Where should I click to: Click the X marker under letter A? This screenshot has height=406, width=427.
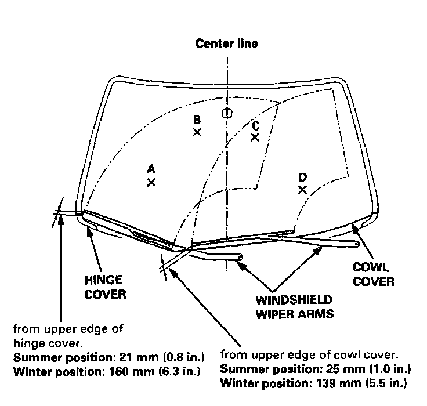click(x=151, y=182)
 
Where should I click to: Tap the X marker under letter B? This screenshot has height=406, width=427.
click(x=197, y=132)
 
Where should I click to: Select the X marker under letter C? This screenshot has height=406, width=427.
click(x=255, y=137)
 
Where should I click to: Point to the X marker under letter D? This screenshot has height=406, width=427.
click(x=302, y=190)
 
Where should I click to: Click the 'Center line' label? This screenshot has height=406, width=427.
click(x=227, y=43)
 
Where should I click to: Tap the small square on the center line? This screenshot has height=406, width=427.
click(x=227, y=113)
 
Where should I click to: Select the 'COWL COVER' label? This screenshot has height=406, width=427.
click(x=374, y=275)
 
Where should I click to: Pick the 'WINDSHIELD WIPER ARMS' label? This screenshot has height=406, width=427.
click(x=294, y=307)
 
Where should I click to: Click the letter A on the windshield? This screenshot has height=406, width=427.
click(x=151, y=169)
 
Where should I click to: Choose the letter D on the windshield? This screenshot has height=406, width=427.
click(x=302, y=177)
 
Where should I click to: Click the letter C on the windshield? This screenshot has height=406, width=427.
click(x=255, y=125)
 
